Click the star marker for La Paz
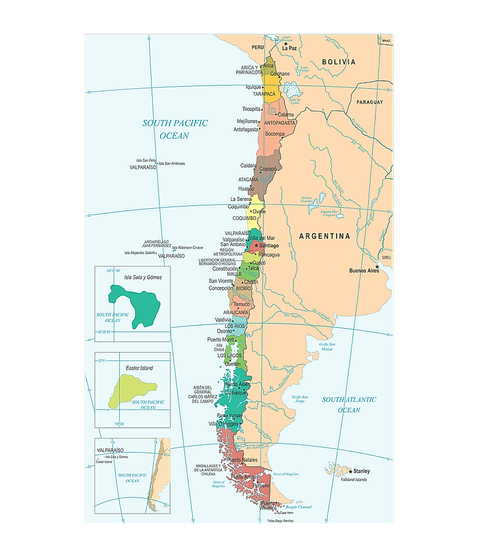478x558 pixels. [x=286, y=44]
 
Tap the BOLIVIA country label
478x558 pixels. [x=339, y=62]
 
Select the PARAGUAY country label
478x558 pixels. [x=369, y=102]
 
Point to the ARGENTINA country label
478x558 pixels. [x=325, y=236]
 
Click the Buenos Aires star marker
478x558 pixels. [x=377, y=267]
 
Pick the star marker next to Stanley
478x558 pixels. [x=351, y=471]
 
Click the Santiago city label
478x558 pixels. [x=269, y=246]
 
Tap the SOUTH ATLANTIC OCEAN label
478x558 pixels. [x=349, y=405]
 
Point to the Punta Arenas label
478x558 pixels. [x=244, y=477]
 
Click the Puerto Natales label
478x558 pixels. [x=242, y=460]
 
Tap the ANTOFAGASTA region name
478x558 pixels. [x=279, y=123]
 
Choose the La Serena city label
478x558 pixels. [x=240, y=199]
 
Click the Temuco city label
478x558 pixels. [x=241, y=304]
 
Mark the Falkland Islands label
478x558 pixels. [x=354, y=480]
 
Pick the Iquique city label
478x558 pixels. [x=253, y=87]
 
